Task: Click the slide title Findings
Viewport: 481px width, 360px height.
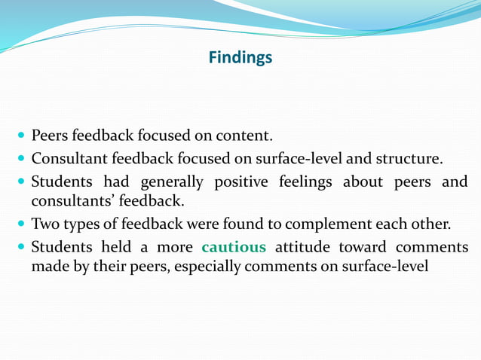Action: tap(240, 57)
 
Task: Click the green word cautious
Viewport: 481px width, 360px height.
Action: tap(234, 247)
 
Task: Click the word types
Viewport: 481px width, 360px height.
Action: tap(80, 224)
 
